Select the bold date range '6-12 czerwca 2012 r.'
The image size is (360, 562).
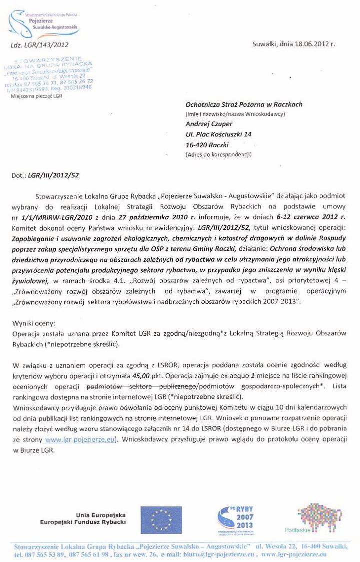(x=311, y=217)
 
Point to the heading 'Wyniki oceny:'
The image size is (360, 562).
(x=29, y=323)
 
